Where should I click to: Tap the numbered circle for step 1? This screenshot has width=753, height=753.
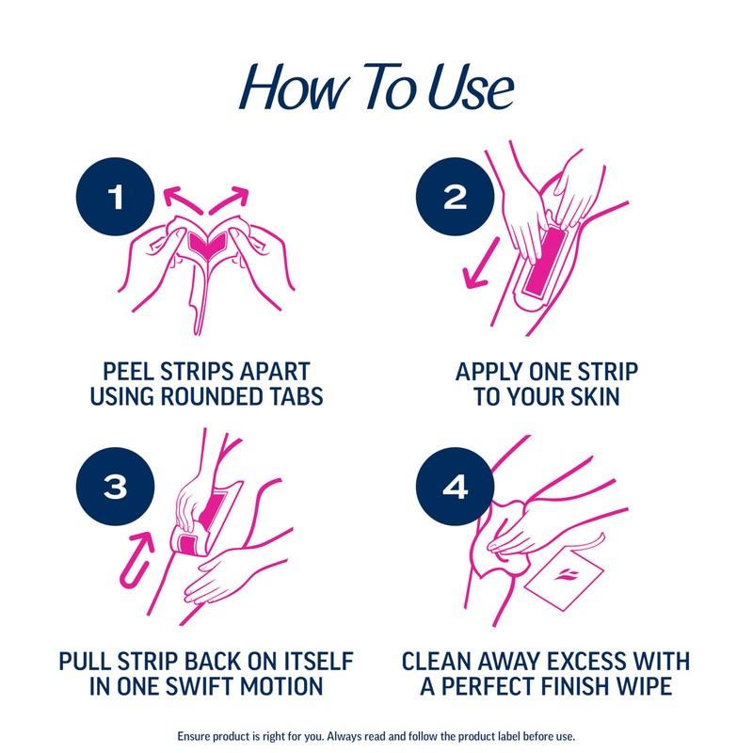coord(116,197)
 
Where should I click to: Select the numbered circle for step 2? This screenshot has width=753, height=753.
coord(455,197)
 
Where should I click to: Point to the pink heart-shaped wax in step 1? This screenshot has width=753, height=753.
coord(209,243)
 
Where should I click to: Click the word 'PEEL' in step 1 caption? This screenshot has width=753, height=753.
coord(131,370)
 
